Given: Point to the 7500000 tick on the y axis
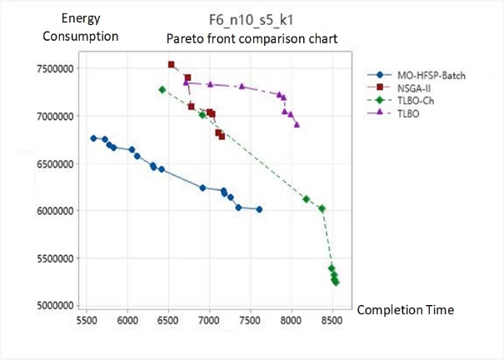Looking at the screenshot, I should click(57, 68).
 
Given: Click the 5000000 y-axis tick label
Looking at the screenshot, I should click(57, 306).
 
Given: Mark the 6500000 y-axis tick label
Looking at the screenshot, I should click(57, 163).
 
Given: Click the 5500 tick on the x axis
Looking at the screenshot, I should click(87, 319).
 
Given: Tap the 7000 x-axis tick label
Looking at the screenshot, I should click(210, 319).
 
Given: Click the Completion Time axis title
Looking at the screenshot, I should click(405, 310).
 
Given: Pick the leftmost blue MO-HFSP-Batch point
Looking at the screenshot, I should click(93, 138).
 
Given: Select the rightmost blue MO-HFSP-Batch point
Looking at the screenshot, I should click(259, 209).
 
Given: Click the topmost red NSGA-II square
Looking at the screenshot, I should click(171, 64).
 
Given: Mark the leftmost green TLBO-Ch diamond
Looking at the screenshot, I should click(162, 89).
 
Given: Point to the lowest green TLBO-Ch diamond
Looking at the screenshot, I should click(336, 282).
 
